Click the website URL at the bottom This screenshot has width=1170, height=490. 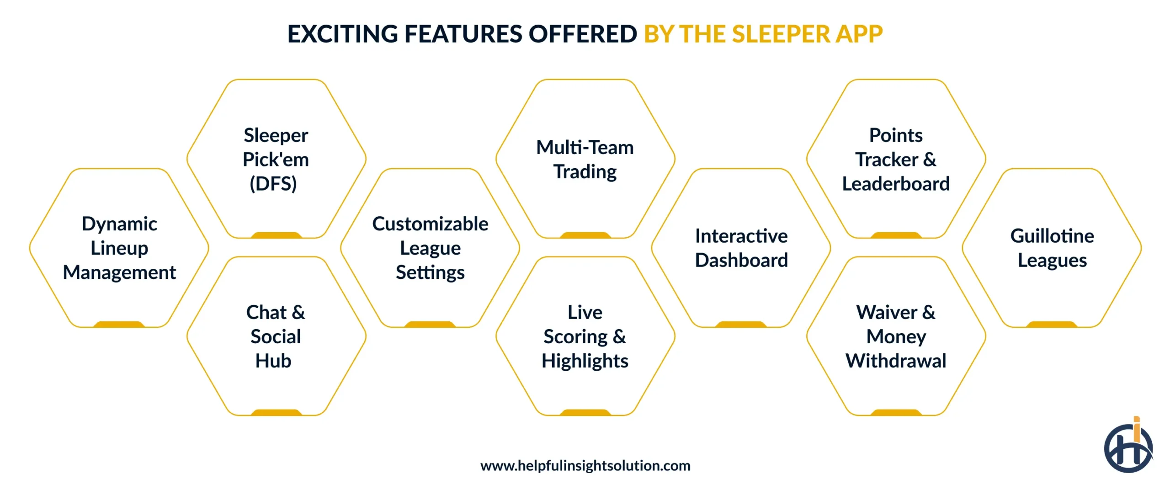tap(585, 465)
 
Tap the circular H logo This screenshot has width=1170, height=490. tap(1128, 448)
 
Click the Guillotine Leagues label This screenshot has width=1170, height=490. tap(1052, 248)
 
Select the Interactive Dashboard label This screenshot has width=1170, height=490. tap(741, 248)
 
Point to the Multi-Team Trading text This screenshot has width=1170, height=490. tap(585, 160)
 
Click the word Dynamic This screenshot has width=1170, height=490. tap(119, 224)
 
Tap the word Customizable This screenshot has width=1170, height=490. tap(430, 224)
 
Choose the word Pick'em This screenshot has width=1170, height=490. tap(276, 160)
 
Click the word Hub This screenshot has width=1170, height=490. tap(273, 361)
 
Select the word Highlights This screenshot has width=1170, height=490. tap(585, 361)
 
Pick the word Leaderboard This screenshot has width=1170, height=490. tap(896, 184)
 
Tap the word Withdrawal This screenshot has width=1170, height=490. tap(896, 361)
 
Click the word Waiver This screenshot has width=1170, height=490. tap(887, 313)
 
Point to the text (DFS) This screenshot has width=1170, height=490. tap(273, 184)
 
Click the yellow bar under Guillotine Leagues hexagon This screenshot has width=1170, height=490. tap(1052, 325)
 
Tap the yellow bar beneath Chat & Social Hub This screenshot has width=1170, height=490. tap(276, 412)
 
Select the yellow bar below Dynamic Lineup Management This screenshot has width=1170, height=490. tap(119, 325)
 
